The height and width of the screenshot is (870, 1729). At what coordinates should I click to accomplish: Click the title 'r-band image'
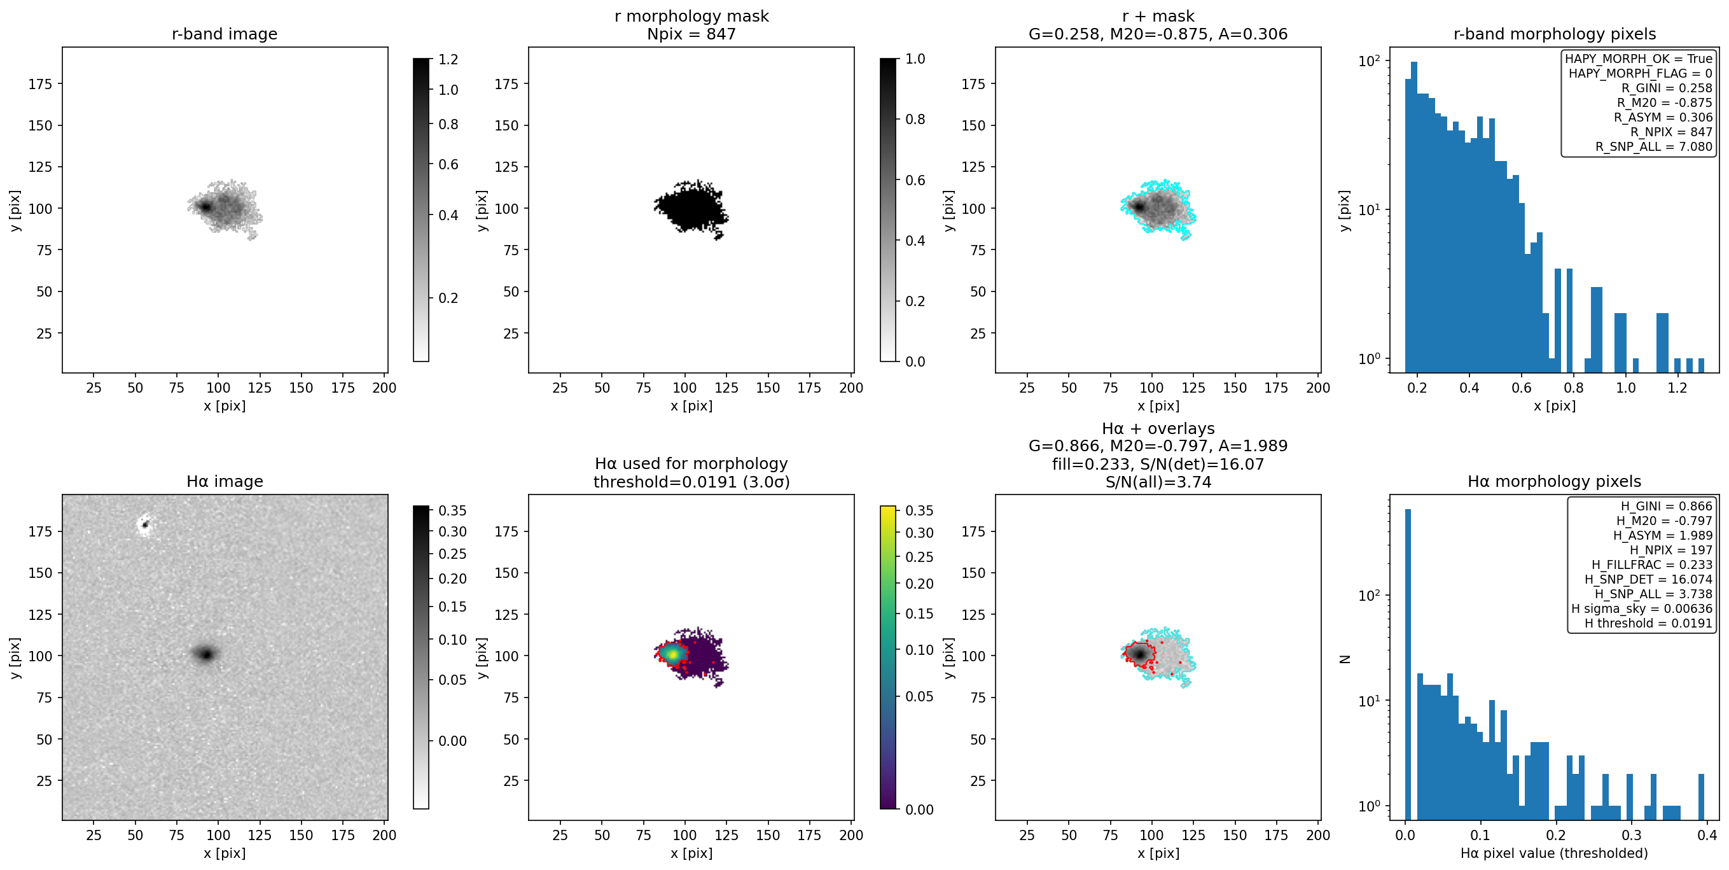pos(224,34)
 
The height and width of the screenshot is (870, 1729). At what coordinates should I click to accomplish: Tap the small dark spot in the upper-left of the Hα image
pos(144,524)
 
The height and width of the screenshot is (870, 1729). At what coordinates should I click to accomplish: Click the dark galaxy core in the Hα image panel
pos(206,653)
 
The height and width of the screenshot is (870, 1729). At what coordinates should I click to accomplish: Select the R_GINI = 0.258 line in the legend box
pos(1667,88)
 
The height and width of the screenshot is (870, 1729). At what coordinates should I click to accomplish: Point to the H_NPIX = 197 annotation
pos(1670,550)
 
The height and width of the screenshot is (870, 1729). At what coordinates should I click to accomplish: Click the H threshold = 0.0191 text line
pos(1648,623)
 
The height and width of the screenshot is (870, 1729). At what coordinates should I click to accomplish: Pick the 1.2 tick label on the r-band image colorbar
pos(448,59)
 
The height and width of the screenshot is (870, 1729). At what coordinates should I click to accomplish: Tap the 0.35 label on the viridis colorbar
pos(919,510)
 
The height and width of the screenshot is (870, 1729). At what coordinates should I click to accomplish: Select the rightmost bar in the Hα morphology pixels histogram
pos(1701,791)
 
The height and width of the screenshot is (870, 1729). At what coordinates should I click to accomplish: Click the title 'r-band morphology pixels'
pos(1555,34)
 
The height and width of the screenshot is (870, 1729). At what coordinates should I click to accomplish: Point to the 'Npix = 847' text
pos(691,34)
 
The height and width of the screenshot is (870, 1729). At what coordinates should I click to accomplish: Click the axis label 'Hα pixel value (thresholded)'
pos(1554,853)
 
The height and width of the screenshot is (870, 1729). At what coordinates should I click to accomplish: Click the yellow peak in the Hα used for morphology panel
pos(671,653)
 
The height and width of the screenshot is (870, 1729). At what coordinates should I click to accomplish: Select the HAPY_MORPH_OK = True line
pos(1639,59)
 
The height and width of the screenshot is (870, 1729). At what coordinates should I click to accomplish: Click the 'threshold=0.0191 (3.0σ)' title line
pos(691,481)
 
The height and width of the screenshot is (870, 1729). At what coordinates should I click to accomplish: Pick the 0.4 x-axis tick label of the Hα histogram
pos(1707,834)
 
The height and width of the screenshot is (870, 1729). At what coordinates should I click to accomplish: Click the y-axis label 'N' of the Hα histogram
pos(1344,659)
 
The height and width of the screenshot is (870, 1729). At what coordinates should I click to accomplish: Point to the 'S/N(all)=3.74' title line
pos(1158,481)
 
